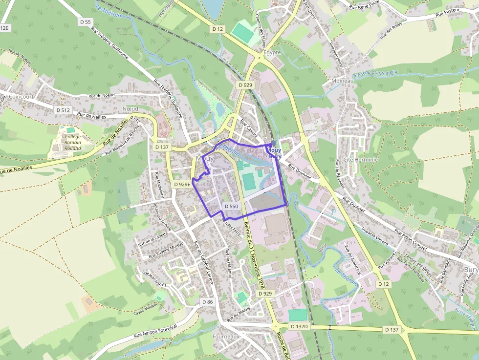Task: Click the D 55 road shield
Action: [x=86, y=22]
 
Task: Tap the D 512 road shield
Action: [x=63, y=110]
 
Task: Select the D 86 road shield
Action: [x=207, y=302]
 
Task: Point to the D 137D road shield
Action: [x=299, y=326]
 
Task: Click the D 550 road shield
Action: [x=231, y=207]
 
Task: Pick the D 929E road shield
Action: [x=182, y=184]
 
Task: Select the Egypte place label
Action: [x=272, y=52]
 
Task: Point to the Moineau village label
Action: [x=342, y=81]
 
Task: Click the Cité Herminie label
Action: [x=361, y=160]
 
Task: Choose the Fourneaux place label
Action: [x=226, y=337]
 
